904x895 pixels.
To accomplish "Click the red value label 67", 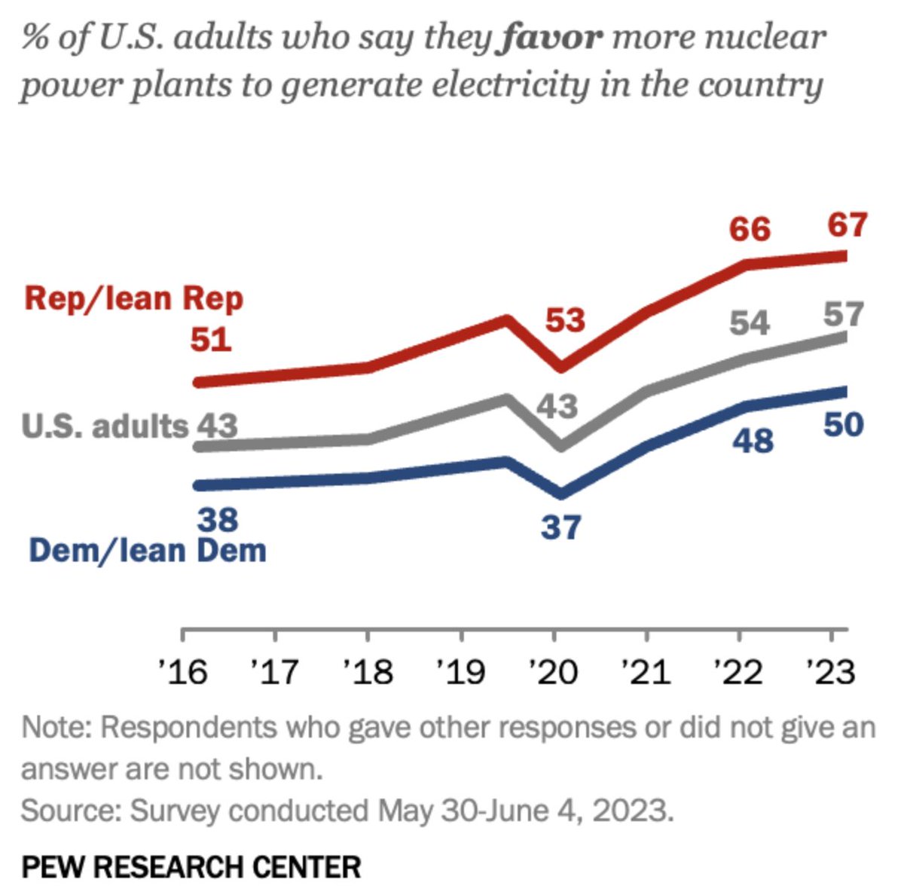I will (847, 225).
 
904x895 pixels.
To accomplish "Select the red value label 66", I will (750, 228).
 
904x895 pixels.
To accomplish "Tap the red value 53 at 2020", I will (565, 320).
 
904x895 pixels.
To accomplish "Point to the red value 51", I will (210, 340).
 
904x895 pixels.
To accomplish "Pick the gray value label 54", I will (750, 323).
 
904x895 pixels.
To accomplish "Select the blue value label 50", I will (842, 425).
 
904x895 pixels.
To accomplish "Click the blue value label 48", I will (753, 441).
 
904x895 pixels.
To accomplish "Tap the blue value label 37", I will (560, 527).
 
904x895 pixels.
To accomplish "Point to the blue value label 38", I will (218, 519).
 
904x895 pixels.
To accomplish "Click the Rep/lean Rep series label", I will (134, 298).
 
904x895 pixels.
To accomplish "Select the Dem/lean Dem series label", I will (148, 551).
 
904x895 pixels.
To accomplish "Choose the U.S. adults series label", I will (104, 426).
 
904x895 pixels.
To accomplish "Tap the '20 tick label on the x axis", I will (554, 670).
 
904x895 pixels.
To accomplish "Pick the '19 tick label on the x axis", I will (461, 670).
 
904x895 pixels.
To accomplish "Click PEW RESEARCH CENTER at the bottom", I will (191, 866).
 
